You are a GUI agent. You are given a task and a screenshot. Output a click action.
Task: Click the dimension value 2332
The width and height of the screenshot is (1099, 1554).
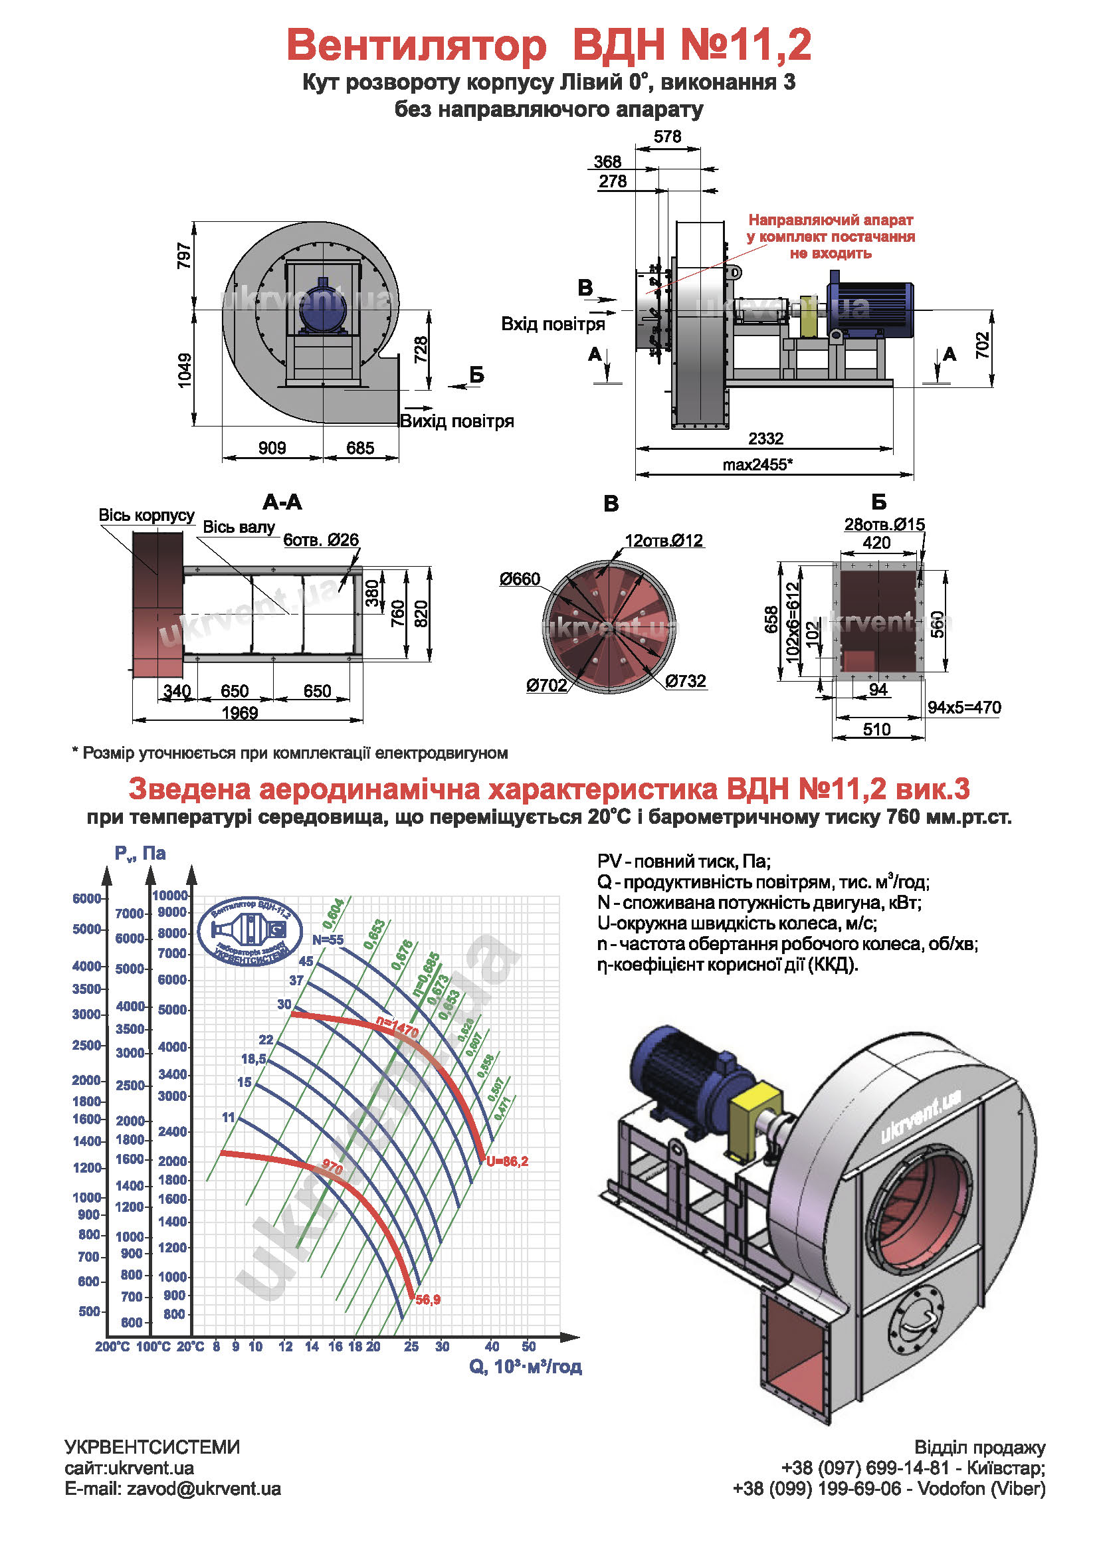[765, 438]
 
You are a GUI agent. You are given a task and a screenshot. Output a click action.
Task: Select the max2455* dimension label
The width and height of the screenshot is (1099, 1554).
[757, 465]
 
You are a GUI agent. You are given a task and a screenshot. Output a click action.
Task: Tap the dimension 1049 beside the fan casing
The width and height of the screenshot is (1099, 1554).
[185, 370]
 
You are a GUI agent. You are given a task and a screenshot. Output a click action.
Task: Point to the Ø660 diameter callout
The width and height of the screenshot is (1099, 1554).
[520, 579]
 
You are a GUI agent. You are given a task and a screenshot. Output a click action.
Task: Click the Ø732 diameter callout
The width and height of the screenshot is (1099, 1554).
[685, 681]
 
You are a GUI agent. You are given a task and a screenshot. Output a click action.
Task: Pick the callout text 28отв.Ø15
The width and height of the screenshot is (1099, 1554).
[884, 525]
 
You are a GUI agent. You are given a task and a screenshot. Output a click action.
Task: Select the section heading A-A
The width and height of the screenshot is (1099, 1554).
[282, 502]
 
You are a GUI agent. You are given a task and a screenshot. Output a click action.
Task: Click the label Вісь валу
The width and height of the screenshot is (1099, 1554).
[239, 528]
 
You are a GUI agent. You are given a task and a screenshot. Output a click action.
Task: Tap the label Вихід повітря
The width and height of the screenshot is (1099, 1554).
[456, 422]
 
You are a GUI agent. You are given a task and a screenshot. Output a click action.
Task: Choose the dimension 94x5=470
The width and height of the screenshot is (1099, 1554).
[963, 708]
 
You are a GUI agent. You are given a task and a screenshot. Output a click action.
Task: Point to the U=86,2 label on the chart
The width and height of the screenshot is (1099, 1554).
[507, 1161]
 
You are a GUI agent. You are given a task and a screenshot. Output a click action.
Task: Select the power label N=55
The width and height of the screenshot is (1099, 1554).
[328, 940]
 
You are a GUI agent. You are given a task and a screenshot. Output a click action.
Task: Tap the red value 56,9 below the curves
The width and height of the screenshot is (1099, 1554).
[428, 1300]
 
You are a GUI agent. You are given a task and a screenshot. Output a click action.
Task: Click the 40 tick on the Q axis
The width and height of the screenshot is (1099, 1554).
[492, 1347]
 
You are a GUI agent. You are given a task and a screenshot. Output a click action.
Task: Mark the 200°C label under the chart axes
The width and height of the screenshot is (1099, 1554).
[112, 1347]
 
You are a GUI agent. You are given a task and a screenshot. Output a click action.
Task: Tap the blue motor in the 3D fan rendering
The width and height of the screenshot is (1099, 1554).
[684, 1078]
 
